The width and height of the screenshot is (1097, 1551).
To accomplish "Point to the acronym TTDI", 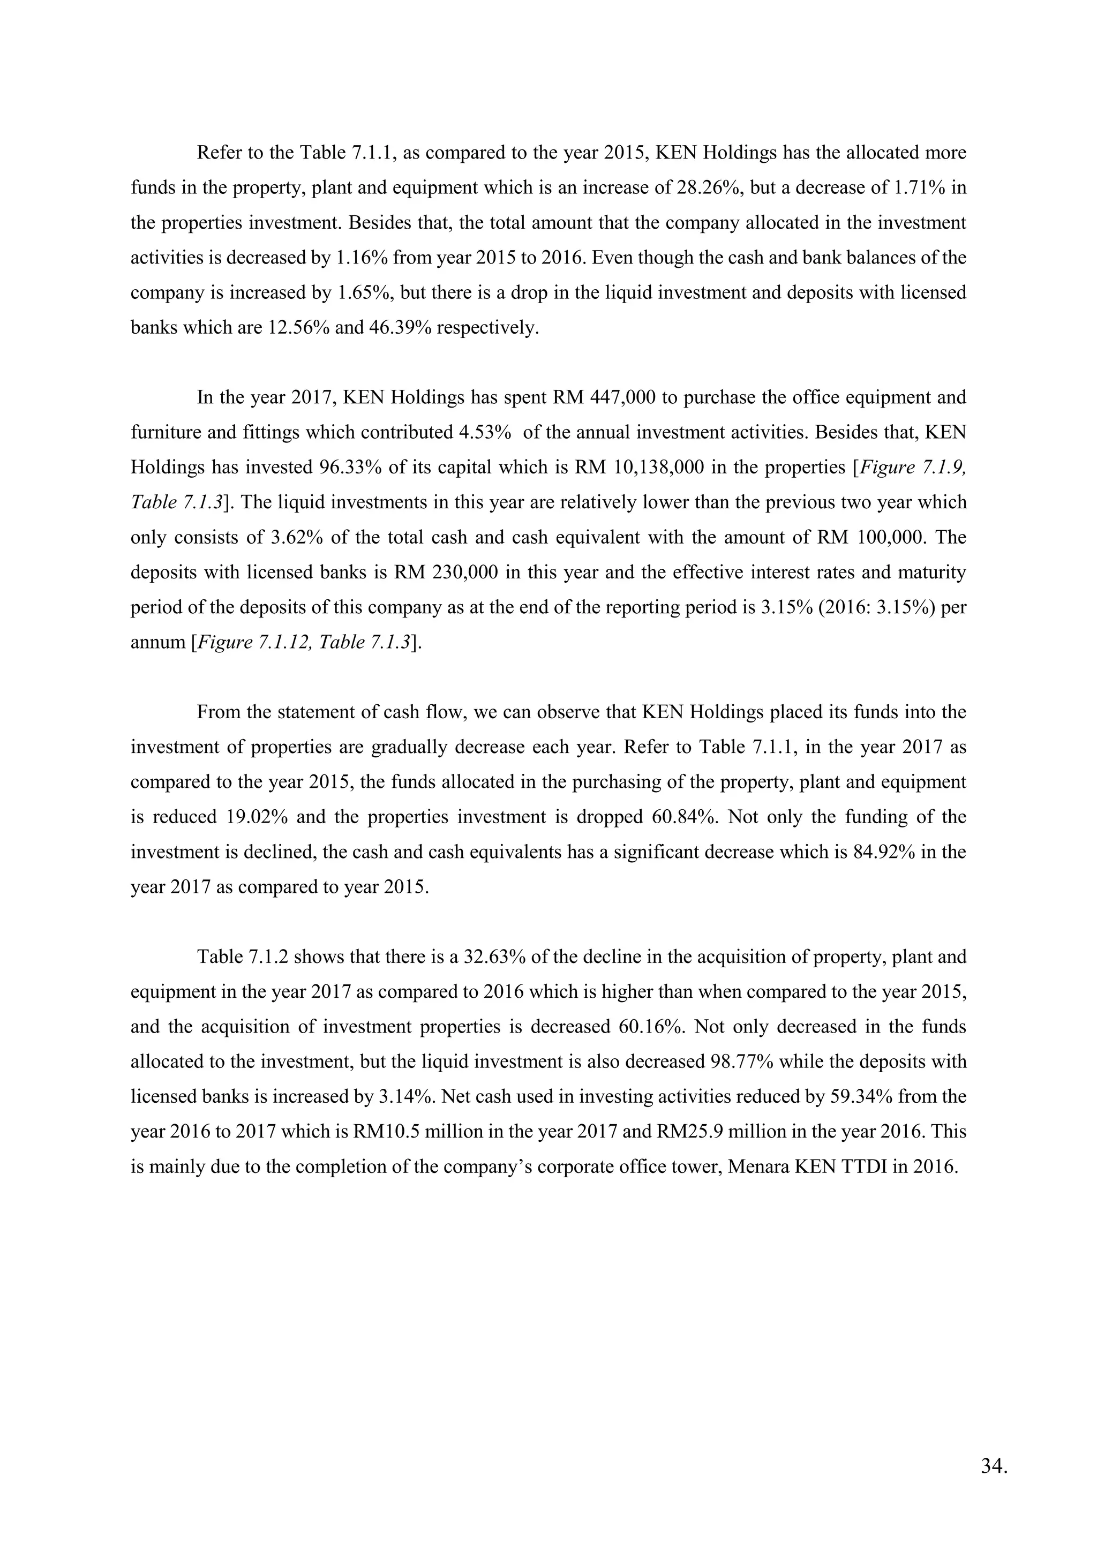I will click(862, 1168).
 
